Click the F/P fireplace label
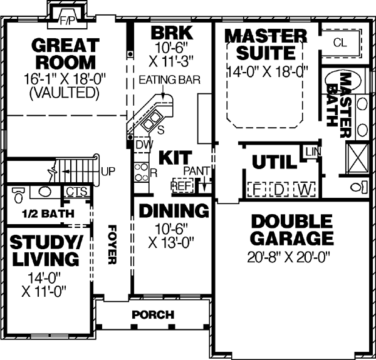[x=67, y=21]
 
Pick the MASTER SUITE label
[x=266, y=44]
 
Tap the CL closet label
[x=340, y=43]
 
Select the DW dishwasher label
[x=142, y=143]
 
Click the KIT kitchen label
[x=170, y=157]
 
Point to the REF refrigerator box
[x=181, y=187]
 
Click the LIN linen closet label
[x=311, y=152]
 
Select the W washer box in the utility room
[x=303, y=188]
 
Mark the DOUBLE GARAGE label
[x=291, y=230]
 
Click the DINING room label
[x=174, y=210]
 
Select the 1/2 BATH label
[x=48, y=213]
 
